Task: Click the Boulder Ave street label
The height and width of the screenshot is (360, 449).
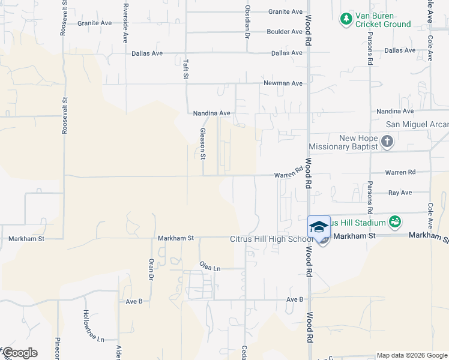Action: point(285,31)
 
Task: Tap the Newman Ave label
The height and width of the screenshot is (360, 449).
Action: point(283,83)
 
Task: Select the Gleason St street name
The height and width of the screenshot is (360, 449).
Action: point(203,144)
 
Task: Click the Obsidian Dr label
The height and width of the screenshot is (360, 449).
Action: point(247,22)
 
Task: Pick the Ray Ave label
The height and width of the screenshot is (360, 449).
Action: point(400,193)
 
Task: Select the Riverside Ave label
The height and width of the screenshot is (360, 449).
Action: point(125,22)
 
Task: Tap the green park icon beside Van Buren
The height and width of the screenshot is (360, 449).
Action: point(346,20)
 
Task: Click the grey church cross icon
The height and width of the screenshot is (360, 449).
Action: point(387,142)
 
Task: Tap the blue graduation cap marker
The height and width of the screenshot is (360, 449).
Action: point(319,227)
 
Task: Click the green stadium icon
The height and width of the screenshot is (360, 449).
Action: point(395,223)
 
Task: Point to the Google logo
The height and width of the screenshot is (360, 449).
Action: point(20,353)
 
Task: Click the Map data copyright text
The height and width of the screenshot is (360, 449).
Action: point(412,355)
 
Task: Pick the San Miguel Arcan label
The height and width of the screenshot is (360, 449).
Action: point(417,124)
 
